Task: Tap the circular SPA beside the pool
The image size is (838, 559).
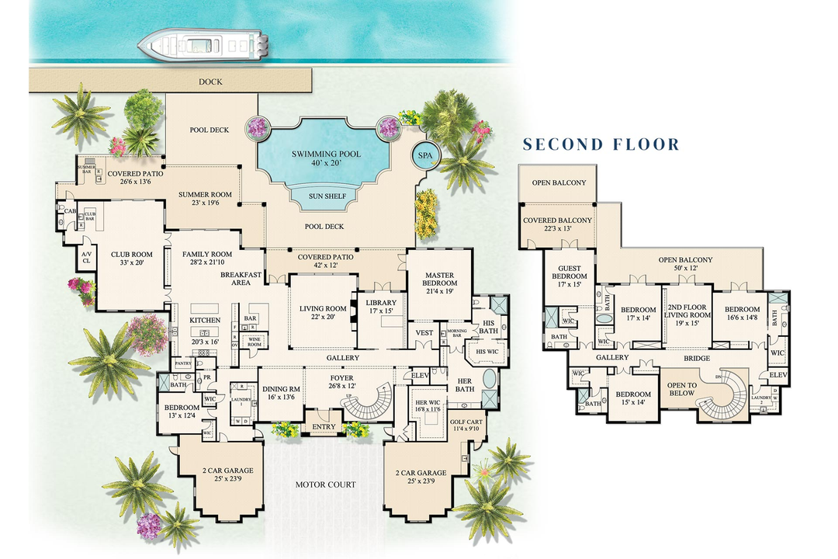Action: [426, 155]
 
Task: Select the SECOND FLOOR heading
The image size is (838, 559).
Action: [601, 144]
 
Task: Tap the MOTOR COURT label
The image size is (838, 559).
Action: [325, 484]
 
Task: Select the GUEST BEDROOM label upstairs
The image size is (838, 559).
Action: [569, 276]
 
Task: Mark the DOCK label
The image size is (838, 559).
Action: [210, 81]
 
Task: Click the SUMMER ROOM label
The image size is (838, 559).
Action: [205, 199]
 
